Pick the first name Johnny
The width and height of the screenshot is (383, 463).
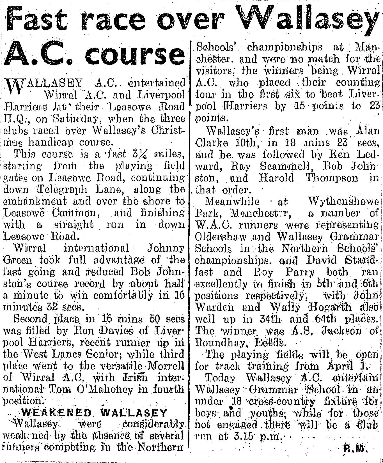pyautogui.click(x=166, y=248)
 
